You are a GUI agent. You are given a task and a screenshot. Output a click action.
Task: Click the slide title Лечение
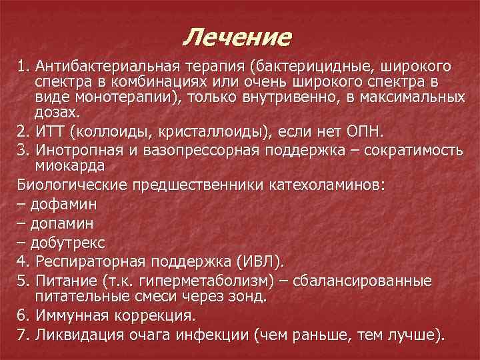point(237,36)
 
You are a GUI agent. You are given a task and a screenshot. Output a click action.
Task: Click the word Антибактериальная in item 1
point(104,67)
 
